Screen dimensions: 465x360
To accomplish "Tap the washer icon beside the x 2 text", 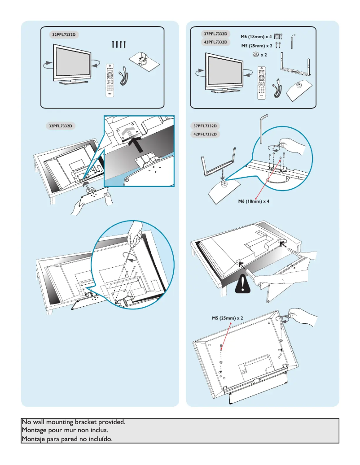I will point(255,54).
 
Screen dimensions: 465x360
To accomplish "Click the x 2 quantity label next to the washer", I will point(264,55).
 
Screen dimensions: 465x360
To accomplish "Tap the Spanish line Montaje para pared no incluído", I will point(67,439).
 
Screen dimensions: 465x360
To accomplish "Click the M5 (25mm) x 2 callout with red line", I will point(228,318).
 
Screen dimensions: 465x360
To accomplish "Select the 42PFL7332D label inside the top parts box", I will point(215,42).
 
